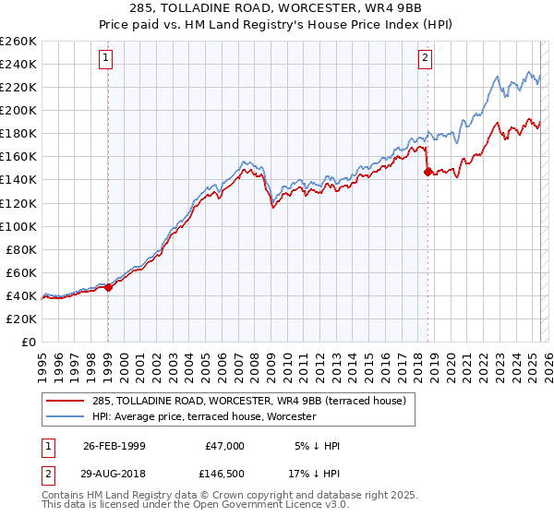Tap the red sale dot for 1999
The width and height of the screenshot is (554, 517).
[108, 287]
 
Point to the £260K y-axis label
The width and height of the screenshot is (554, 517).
[18, 42]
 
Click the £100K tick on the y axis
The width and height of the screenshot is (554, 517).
[18, 226]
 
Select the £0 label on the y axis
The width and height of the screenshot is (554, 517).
[28, 342]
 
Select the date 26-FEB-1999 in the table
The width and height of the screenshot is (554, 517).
[114, 446]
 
